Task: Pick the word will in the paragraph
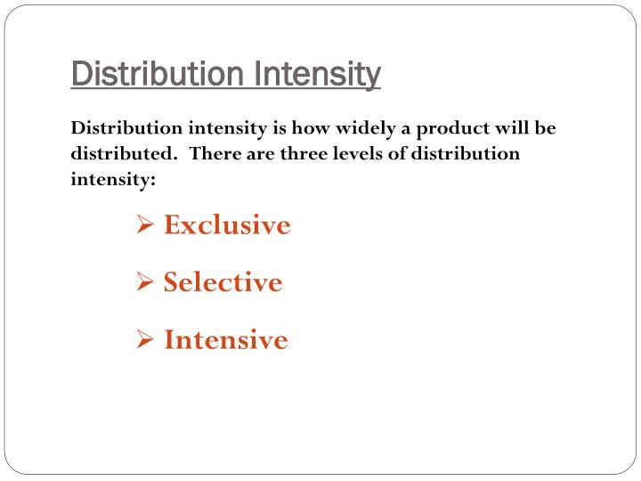click(x=507, y=127)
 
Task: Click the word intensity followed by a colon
click(x=113, y=178)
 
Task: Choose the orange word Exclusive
click(x=227, y=225)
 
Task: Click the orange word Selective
click(x=223, y=282)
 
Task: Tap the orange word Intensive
click(x=225, y=339)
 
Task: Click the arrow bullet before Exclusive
click(x=147, y=226)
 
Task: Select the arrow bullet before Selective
click(x=147, y=283)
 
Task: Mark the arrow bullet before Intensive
click(x=147, y=340)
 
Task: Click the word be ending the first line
click(x=545, y=127)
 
